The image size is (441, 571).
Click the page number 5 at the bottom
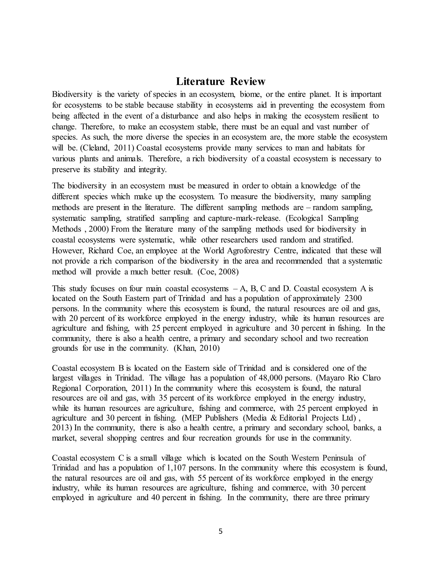click(x=220, y=531)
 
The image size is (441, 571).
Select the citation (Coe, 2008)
click(x=218, y=272)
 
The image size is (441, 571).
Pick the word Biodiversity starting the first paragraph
click(x=72, y=94)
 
